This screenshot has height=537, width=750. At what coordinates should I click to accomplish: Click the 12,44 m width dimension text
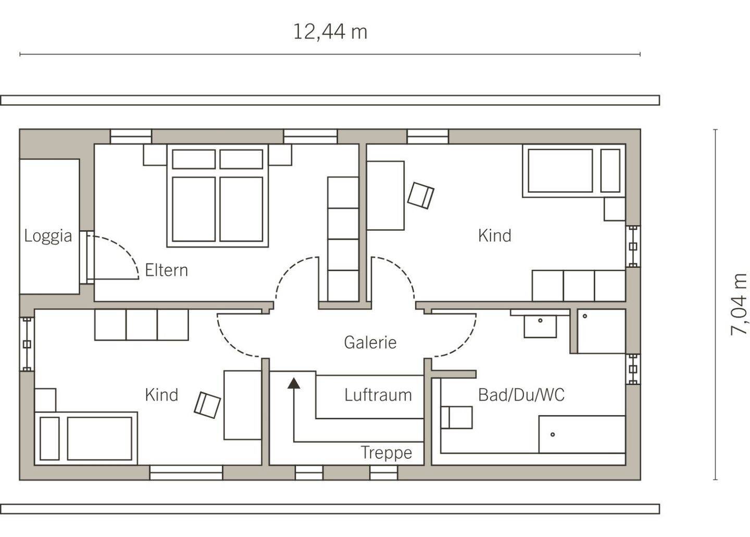330,32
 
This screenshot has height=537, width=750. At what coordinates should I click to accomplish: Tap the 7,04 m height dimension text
739,304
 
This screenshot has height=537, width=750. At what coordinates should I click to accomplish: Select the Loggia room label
48,236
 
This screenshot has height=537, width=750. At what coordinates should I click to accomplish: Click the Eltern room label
167,270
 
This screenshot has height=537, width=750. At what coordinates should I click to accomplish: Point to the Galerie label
370,343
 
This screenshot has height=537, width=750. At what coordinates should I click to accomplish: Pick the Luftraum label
378,395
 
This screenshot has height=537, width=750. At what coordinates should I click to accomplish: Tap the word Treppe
386,453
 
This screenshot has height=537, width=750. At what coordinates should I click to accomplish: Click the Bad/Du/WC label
521,395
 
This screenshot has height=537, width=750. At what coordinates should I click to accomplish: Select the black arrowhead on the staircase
294,383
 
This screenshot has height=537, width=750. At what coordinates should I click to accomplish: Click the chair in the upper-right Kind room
420,195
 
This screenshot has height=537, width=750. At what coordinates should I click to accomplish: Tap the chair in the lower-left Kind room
207,405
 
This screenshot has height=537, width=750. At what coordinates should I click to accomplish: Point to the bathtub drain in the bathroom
553,434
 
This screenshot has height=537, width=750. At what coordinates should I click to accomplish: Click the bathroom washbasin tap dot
540,320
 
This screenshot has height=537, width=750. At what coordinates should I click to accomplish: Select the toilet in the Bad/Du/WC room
457,418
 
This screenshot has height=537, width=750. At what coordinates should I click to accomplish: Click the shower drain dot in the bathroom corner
585,316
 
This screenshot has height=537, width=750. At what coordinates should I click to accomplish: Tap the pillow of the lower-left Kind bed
49,439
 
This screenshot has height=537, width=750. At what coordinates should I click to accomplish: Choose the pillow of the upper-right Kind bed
610,171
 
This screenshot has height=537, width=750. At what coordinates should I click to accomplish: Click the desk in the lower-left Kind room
242,405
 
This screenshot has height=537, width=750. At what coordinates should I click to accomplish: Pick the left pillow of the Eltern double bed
194,159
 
